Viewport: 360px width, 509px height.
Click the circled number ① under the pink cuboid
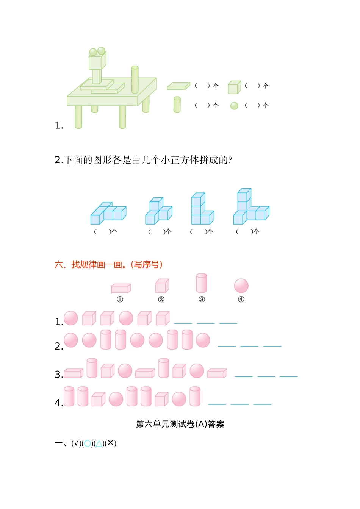click(120, 299)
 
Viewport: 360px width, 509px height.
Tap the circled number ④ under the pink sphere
click(241, 299)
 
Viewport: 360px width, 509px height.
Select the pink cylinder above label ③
click(202, 283)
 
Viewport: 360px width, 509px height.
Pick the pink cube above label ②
click(162, 286)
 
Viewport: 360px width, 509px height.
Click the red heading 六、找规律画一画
click(108, 264)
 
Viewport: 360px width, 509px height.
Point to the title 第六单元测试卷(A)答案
click(180, 424)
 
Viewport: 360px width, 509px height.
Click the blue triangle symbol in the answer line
click(99, 443)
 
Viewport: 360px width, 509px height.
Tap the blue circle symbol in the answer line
click(88, 443)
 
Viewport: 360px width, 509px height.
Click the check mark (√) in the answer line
click(76, 443)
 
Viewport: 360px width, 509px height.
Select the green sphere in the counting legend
click(234, 106)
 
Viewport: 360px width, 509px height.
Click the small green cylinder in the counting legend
click(177, 105)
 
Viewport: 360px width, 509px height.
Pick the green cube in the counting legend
click(234, 87)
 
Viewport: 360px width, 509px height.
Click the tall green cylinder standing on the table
click(135, 80)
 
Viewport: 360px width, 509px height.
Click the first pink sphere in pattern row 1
click(71, 318)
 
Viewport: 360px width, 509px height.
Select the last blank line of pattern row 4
click(262, 404)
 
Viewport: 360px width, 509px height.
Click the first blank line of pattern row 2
click(227, 345)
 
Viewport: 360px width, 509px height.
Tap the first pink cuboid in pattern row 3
click(73, 373)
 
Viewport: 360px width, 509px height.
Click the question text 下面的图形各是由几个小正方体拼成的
click(148, 160)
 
